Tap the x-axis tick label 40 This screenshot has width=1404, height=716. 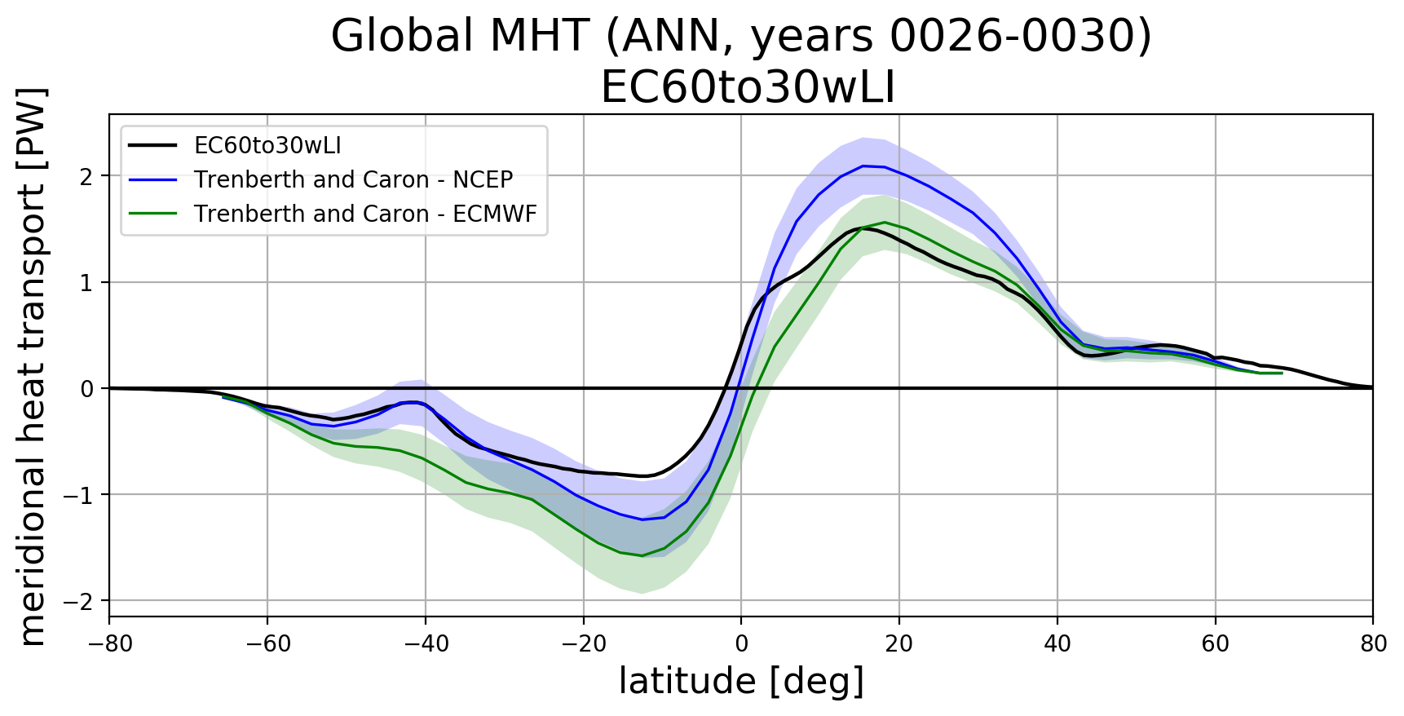click(1057, 644)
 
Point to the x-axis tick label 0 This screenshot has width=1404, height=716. click(741, 644)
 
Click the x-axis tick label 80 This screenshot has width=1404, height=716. click(1373, 644)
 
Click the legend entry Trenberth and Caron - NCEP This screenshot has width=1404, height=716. click(353, 179)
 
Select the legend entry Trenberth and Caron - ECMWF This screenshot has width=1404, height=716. click(365, 214)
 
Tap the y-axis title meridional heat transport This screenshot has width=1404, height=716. click(33, 367)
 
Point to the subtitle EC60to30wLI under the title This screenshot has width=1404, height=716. click(748, 88)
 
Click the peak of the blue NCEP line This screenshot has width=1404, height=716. click(863, 166)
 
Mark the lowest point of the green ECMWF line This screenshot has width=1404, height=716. click(642, 556)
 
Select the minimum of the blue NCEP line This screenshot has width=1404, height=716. click(642, 519)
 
